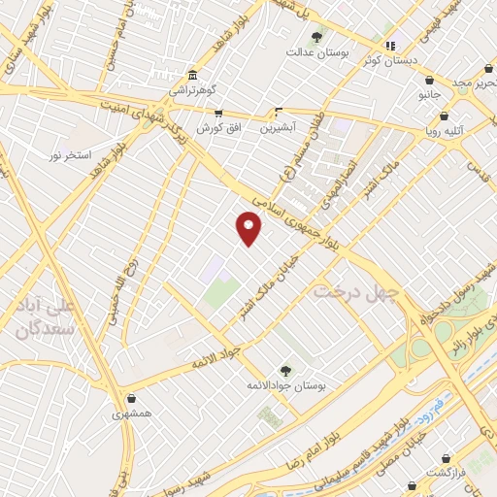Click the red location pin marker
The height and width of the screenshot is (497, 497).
point(249,228)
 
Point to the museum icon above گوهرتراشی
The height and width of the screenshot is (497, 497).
point(192,75)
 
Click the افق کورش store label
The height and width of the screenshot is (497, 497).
point(218,128)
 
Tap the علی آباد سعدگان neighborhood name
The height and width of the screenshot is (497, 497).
point(46,317)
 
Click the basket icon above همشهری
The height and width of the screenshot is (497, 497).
point(131,398)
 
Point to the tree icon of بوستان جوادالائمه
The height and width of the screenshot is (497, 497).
point(285,370)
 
